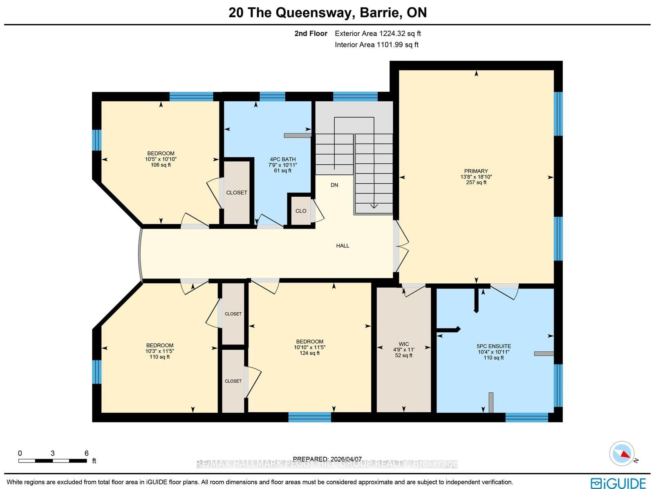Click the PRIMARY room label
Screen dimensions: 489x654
(476, 171)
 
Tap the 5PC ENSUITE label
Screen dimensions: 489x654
(493, 346)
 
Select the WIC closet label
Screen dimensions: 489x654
(403, 344)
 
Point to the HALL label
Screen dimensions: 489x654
(343, 246)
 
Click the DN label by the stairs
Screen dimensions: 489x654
(334, 185)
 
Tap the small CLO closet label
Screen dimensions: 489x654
(301, 211)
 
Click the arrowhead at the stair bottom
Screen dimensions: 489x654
(374, 205)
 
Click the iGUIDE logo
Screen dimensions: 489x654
(618, 483)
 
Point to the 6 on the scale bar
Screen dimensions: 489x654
(86, 453)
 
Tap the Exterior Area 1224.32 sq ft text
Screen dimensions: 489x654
(378, 33)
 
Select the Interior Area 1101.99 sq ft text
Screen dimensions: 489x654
(376, 45)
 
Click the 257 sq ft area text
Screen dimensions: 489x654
(476, 182)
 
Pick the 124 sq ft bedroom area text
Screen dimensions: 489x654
(309, 353)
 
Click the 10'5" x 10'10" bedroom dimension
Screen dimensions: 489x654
(161, 159)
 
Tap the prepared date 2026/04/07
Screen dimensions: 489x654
(327, 459)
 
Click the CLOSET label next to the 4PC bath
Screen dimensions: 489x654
(237, 193)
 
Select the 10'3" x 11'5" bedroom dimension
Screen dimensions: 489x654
(159, 351)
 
